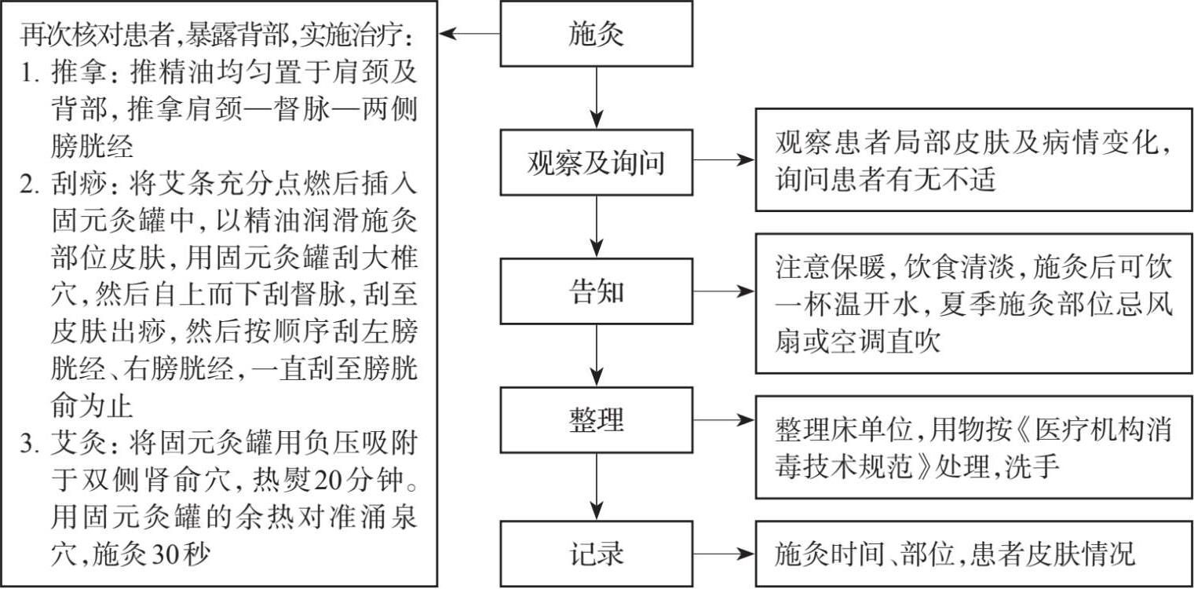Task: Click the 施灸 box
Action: (597, 34)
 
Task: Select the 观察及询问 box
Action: (597, 163)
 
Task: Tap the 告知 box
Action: (597, 291)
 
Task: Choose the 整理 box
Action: (597, 420)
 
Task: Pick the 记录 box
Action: (597, 554)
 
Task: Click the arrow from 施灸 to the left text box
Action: (469, 34)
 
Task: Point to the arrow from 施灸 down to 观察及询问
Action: (597, 97)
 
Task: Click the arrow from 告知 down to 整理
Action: (597, 355)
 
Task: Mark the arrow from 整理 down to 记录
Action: (597, 486)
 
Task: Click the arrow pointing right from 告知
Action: (724, 291)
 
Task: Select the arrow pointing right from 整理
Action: (724, 420)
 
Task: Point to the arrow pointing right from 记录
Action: (724, 554)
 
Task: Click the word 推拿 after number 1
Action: (76, 73)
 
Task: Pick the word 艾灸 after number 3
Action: (76, 444)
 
